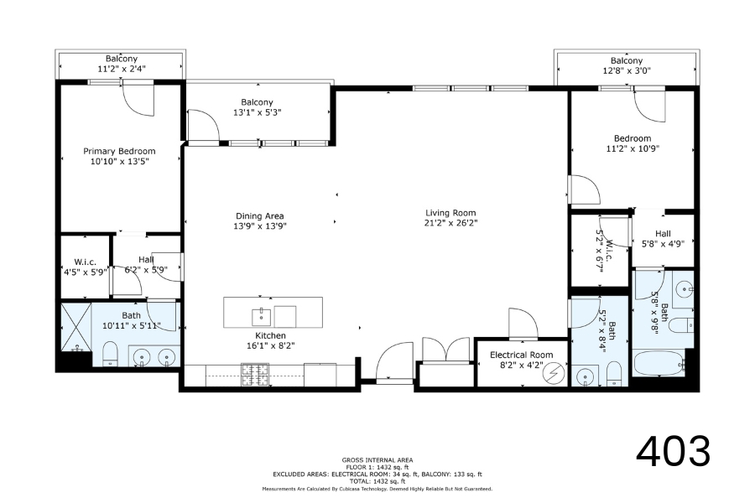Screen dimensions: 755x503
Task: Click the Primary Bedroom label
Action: tap(119, 151)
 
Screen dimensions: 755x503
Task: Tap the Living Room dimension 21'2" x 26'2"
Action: tap(450, 223)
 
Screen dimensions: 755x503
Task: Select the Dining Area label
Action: tap(259, 216)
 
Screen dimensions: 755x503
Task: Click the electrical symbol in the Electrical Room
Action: tap(554, 374)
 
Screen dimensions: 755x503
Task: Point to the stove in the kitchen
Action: tap(256, 375)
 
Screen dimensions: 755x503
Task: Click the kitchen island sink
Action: tap(262, 317)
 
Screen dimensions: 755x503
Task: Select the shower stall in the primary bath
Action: tap(76, 327)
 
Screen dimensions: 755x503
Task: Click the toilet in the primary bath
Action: tap(110, 355)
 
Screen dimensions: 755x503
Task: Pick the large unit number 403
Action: tap(673, 451)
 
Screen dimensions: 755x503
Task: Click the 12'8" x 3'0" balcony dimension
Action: tap(627, 70)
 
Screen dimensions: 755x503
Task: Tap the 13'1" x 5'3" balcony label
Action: tap(258, 112)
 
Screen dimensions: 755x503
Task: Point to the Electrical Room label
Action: tap(522, 355)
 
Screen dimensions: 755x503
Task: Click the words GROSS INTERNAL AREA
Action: tap(377, 459)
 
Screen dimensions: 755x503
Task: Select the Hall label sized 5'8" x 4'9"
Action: tap(663, 239)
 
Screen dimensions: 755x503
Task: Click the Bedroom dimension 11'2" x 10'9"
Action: tap(633, 148)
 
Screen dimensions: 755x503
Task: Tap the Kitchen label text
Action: tap(271, 335)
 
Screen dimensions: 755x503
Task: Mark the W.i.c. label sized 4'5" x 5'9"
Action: tap(86, 267)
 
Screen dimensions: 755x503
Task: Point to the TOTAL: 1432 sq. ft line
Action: tap(377, 481)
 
